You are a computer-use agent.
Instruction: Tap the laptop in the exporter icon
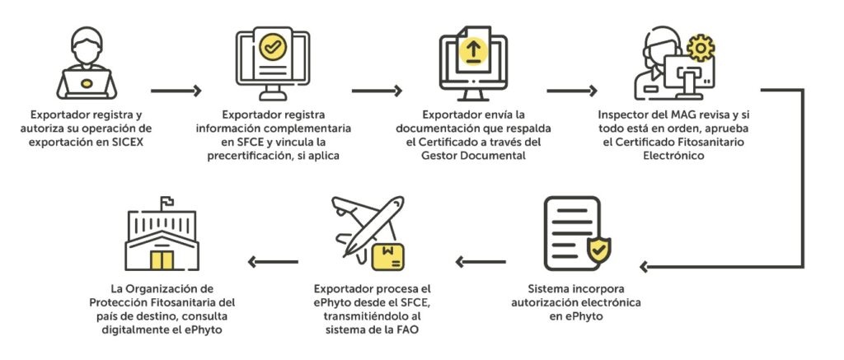(x=87, y=82)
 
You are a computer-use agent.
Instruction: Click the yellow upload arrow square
(x=472, y=49)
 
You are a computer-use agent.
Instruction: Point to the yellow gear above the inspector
(x=700, y=47)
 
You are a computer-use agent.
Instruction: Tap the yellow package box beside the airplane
(x=388, y=255)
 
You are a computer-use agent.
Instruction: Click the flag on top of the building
(x=166, y=200)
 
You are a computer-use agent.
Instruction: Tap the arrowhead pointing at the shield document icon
(x=647, y=266)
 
